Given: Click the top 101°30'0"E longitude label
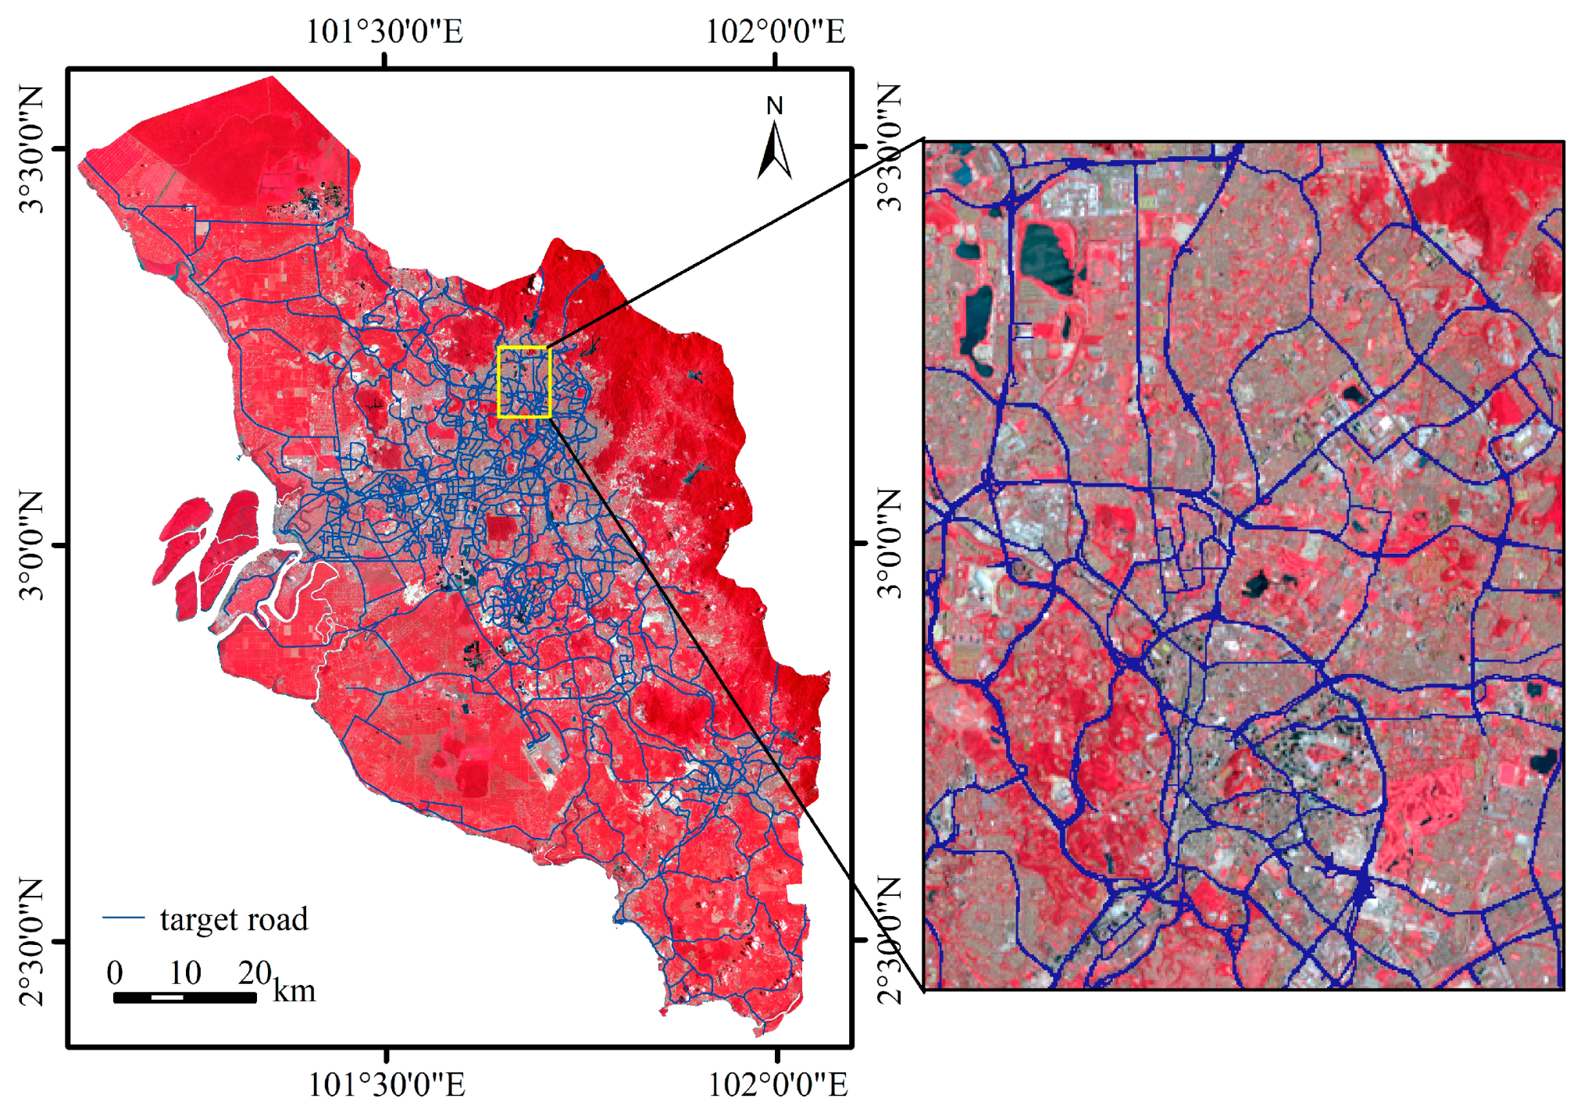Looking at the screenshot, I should click(384, 32).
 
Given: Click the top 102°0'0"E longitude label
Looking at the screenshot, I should click(775, 32).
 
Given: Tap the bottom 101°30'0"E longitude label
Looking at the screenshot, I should click(386, 1084).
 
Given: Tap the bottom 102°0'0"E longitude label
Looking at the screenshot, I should click(777, 1084).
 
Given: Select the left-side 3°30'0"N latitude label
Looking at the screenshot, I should click(31, 148).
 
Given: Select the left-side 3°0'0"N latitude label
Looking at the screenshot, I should click(31, 544).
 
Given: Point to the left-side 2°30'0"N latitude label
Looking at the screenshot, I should click(31, 940).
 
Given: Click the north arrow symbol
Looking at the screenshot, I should click(774, 152).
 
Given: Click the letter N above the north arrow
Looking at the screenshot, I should click(774, 105).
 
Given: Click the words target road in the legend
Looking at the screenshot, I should click(234, 919).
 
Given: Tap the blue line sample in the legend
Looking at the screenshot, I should click(123, 918).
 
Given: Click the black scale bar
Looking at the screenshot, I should click(184, 997).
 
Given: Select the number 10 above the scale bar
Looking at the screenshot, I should click(185, 972).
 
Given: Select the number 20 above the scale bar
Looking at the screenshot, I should click(255, 972).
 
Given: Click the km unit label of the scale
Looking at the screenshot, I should click(294, 991).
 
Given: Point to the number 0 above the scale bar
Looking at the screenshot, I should click(115, 972).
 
